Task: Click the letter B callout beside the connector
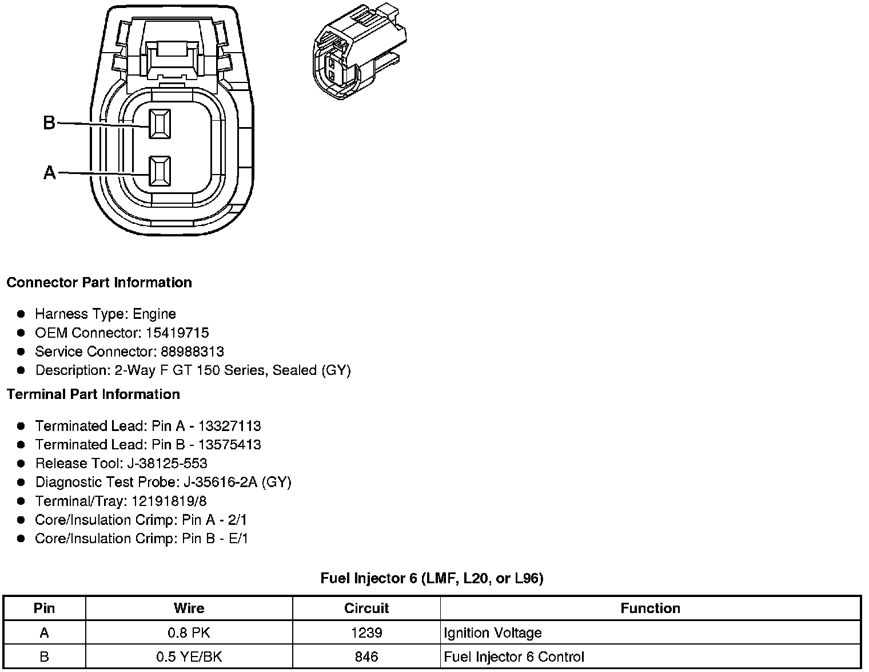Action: (x=49, y=122)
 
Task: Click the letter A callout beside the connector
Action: (x=50, y=173)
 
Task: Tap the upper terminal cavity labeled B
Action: (x=160, y=124)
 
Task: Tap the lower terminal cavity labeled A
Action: (x=160, y=171)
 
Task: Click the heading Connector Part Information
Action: (x=99, y=283)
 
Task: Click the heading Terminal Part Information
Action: (x=93, y=394)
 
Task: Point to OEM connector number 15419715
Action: (x=177, y=333)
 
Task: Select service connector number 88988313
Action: (x=192, y=351)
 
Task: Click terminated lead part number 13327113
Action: (x=230, y=426)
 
